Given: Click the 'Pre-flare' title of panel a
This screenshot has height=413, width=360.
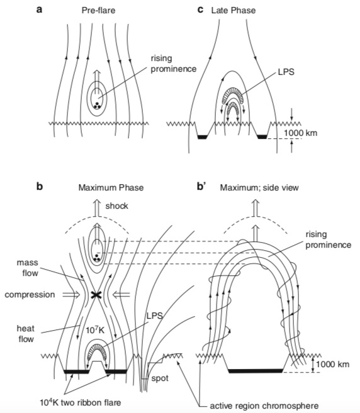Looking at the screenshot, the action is [x=98, y=10].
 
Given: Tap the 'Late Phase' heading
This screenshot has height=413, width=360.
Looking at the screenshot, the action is [x=233, y=10].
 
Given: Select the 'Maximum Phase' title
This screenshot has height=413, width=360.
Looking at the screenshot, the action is [x=111, y=187].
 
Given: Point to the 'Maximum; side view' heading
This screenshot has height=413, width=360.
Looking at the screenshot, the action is [x=259, y=187].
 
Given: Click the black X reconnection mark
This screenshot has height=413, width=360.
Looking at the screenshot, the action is [x=96, y=295].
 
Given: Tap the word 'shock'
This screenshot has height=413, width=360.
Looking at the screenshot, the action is [x=116, y=206].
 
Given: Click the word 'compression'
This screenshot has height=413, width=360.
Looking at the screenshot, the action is [x=30, y=294].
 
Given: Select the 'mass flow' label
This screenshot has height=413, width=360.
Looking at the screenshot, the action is [x=28, y=268].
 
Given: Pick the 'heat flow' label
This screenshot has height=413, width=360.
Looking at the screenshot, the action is [x=26, y=333].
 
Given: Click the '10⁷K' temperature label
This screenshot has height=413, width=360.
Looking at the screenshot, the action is [x=95, y=329].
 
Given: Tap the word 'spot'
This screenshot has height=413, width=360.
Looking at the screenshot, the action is [x=160, y=378].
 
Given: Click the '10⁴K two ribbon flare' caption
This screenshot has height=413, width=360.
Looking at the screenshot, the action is [x=81, y=402].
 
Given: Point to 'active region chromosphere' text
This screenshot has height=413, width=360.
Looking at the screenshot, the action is [x=264, y=406].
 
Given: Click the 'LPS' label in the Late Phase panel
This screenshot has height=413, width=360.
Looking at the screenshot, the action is [x=286, y=72].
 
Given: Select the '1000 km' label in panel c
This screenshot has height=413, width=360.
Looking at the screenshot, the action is [x=300, y=133].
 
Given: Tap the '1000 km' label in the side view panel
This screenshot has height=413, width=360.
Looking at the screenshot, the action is [x=332, y=364].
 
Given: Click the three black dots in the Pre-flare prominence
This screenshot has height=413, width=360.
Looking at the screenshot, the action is [x=97, y=106].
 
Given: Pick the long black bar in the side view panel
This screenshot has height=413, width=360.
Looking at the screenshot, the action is [x=256, y=371].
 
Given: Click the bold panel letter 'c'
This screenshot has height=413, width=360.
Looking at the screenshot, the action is [x=200, y=10].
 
